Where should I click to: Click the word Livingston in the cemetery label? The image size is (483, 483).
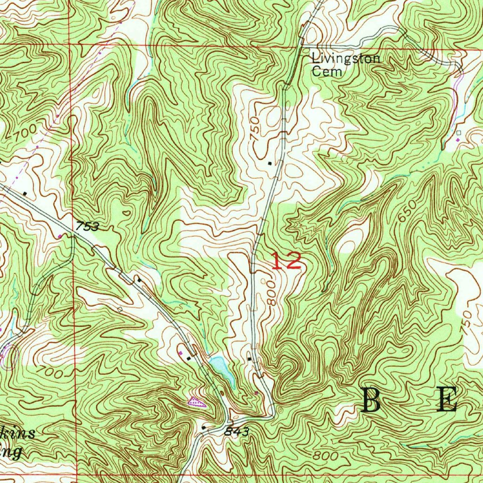pyautogui.click(x=346, y=59)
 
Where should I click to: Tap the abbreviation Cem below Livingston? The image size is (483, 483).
pyautogui.click(x=325, y=72)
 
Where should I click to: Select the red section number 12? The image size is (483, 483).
pyautogui.click(x=286, y=261)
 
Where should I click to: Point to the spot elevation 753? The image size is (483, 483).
pyautogui.click(x=87, y=227)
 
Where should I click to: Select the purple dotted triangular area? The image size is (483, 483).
pyautogui.click(x=196, y=402)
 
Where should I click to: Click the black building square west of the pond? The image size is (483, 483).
pyautogui.click(x=189, y=358)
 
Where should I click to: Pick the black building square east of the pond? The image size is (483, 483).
pyautogui.click(x=250, y=359)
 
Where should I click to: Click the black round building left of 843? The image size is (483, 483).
pyautogui.click(x=203, y=428)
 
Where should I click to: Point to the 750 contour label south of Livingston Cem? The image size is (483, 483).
pyautogui.click(x=255, y=127)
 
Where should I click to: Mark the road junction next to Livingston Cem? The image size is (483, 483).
pyautogui.click(x=302, y=46)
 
